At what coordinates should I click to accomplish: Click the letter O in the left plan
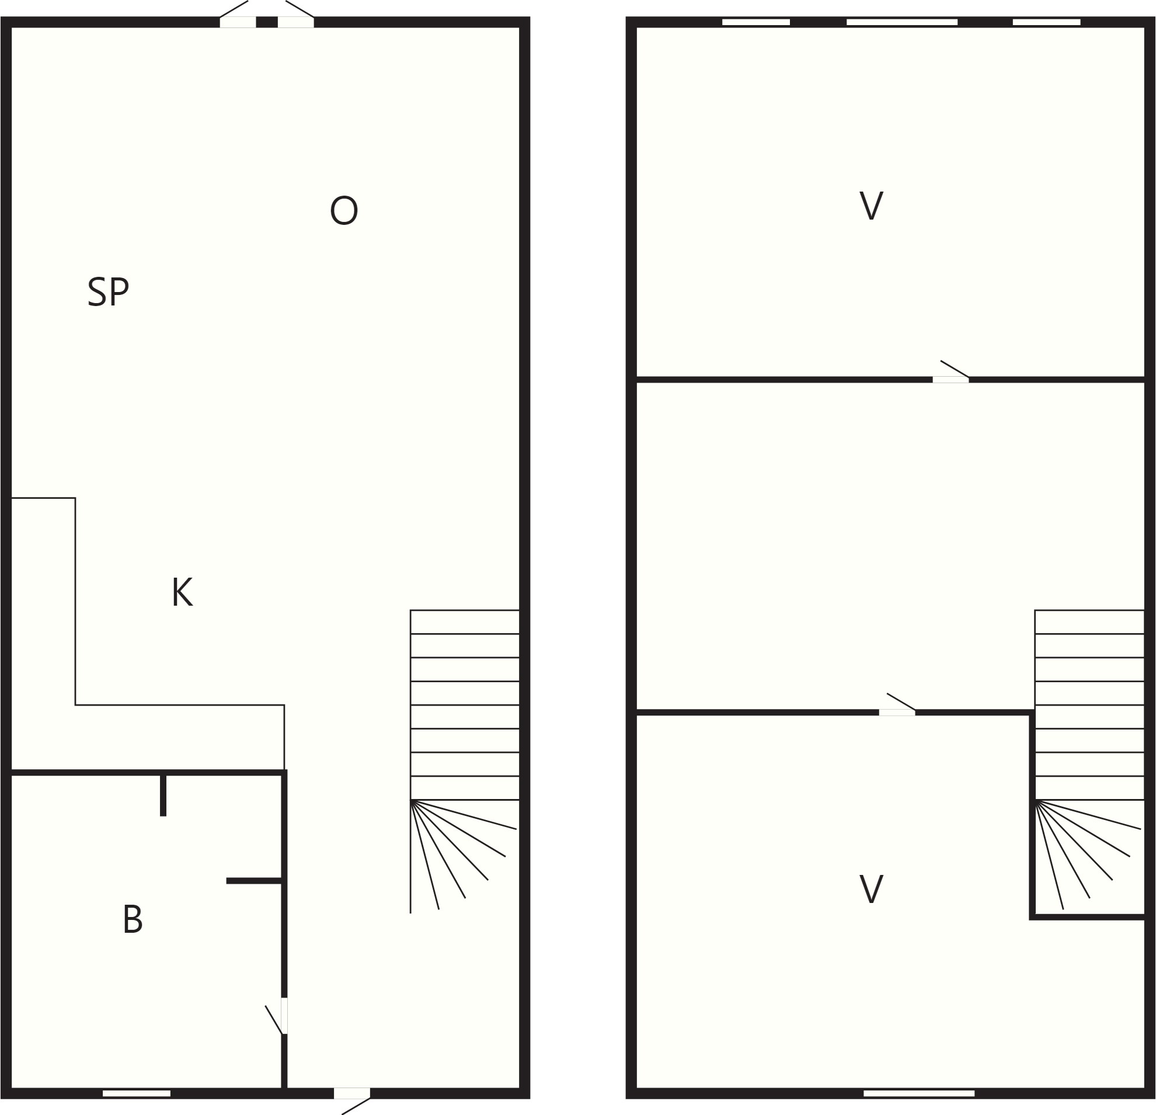[344, 210]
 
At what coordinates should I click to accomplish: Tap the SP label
[109, 291]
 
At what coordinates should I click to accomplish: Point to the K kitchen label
[182, 592]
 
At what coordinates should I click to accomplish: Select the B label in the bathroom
[133, 919]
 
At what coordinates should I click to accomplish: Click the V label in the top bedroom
[871, 205]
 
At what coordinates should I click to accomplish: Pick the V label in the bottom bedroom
[871, 888]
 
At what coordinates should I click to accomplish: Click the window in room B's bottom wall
[136, 1093]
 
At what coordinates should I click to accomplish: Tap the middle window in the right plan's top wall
[902, 22]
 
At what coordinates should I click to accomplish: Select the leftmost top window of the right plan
[756, 22]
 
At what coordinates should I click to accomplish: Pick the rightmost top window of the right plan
[1046, 22]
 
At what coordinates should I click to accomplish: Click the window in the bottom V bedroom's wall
[919, 1093]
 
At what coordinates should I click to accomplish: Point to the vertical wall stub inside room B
[163, 795]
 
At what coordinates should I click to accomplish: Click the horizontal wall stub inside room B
[253, 881]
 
